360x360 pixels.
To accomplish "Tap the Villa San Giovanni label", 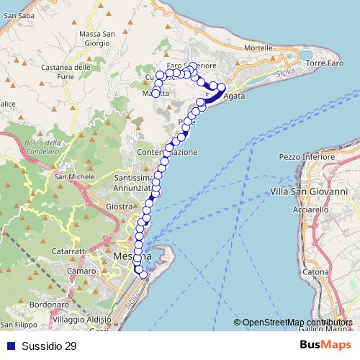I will pos(308,192).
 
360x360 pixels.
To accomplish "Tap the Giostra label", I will pos(117,207).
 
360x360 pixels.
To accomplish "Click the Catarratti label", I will pos(71,251).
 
